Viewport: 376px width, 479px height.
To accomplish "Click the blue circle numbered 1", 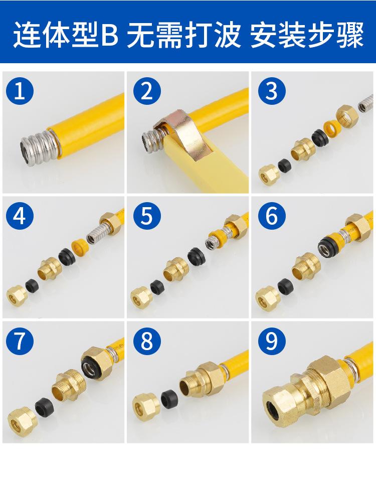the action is pos(20,91).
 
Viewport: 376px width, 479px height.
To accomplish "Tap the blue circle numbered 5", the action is pos(147,216).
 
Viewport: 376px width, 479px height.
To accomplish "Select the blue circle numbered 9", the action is pos(272,341).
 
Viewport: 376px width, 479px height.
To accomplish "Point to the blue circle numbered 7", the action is pos(20,341).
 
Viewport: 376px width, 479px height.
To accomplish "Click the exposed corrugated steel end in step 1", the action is pos(38,148).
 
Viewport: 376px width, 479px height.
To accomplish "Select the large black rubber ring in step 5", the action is pos(197,256).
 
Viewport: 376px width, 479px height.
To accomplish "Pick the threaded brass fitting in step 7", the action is pos(70,386).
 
